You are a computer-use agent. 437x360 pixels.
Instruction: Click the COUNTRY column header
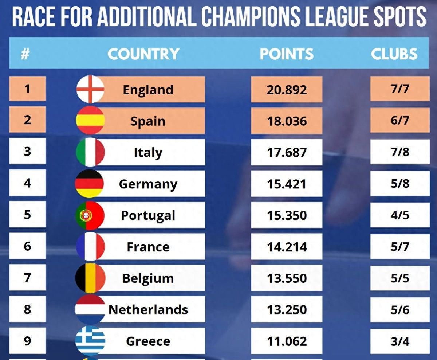pos(143,54)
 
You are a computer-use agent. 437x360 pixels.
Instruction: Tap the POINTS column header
pos(287,54)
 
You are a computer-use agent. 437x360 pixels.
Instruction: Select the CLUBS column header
pos(394,54)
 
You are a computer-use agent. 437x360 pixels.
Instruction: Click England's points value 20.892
pos(287,89)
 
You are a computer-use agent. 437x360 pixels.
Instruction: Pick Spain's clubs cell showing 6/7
pos(400,120)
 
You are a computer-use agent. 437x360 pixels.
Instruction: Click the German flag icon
pos(90,183)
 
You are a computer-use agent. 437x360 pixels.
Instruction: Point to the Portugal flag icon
pos(90,215)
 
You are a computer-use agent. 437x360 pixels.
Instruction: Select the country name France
pos(148,247)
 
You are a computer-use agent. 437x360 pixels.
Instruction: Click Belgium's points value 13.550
pos(287,278)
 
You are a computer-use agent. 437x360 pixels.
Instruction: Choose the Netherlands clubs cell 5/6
pos(400,310)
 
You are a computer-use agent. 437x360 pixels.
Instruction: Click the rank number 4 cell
pos(27,183)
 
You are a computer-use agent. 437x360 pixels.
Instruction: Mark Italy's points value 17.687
pos(287,152)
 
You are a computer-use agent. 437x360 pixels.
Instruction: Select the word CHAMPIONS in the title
pos(251,16)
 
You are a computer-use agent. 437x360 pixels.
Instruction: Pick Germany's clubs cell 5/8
pos(400,183)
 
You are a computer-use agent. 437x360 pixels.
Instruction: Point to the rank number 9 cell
pos(27,341)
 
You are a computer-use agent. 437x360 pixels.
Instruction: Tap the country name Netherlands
pos(148,310)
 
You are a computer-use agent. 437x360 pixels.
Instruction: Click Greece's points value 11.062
pos(287,341)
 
